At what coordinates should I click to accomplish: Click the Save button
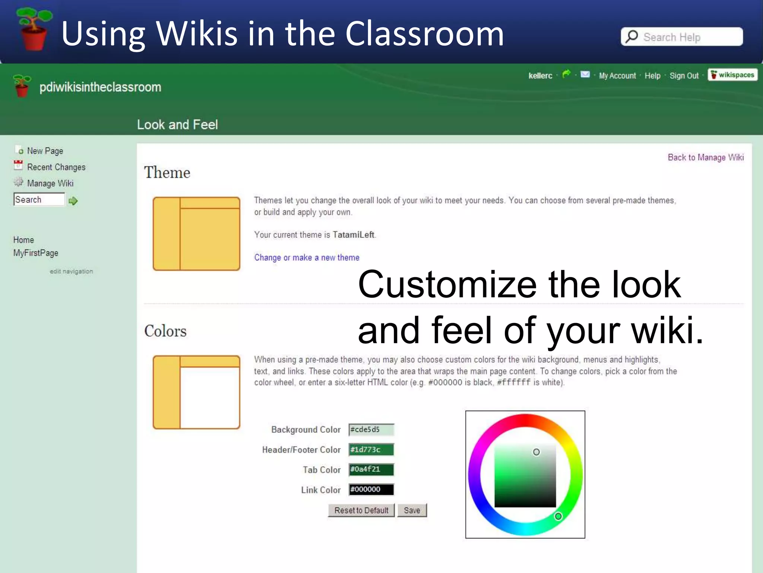coord(412,510)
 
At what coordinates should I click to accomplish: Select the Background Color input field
coord(371,430)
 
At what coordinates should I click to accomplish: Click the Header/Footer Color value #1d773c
coord(371,450)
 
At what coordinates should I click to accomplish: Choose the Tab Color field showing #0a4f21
coord(371,470)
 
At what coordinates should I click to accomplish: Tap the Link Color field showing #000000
coord(371,489)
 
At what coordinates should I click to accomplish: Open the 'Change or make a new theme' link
coord(307,257)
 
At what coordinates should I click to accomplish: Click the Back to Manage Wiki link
coord(706,157)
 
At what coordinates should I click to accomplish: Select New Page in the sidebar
coord(45,151)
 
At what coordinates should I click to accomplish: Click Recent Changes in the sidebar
coord(56,167)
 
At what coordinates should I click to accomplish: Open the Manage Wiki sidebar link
coord(50,184)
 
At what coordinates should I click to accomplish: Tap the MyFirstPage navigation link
coord(36,253)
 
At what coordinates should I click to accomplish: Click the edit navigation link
coord(71,271)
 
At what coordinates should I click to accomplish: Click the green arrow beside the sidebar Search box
coord(73,201)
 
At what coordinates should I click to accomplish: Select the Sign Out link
coord(684,76)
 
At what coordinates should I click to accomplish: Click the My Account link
coord(617,76)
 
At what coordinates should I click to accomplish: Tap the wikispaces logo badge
coord(732,75)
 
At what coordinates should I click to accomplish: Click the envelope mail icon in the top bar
coord(585,74)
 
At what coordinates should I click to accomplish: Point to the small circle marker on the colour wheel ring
coord(558,516)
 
